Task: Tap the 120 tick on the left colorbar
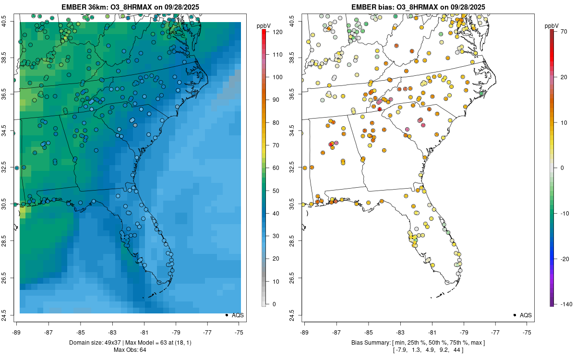[276, 32]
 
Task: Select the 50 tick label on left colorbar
[275, 191]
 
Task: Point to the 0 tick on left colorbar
[273, 304]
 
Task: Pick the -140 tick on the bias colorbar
[566, 304]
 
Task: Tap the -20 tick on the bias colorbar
[565, 259]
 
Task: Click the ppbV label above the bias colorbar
[552, 25]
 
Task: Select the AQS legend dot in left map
[226, 315]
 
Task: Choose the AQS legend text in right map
[526, 315]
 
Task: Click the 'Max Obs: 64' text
[130, 350]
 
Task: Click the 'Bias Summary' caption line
[418, 343]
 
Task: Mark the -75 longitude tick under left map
[239, 332]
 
